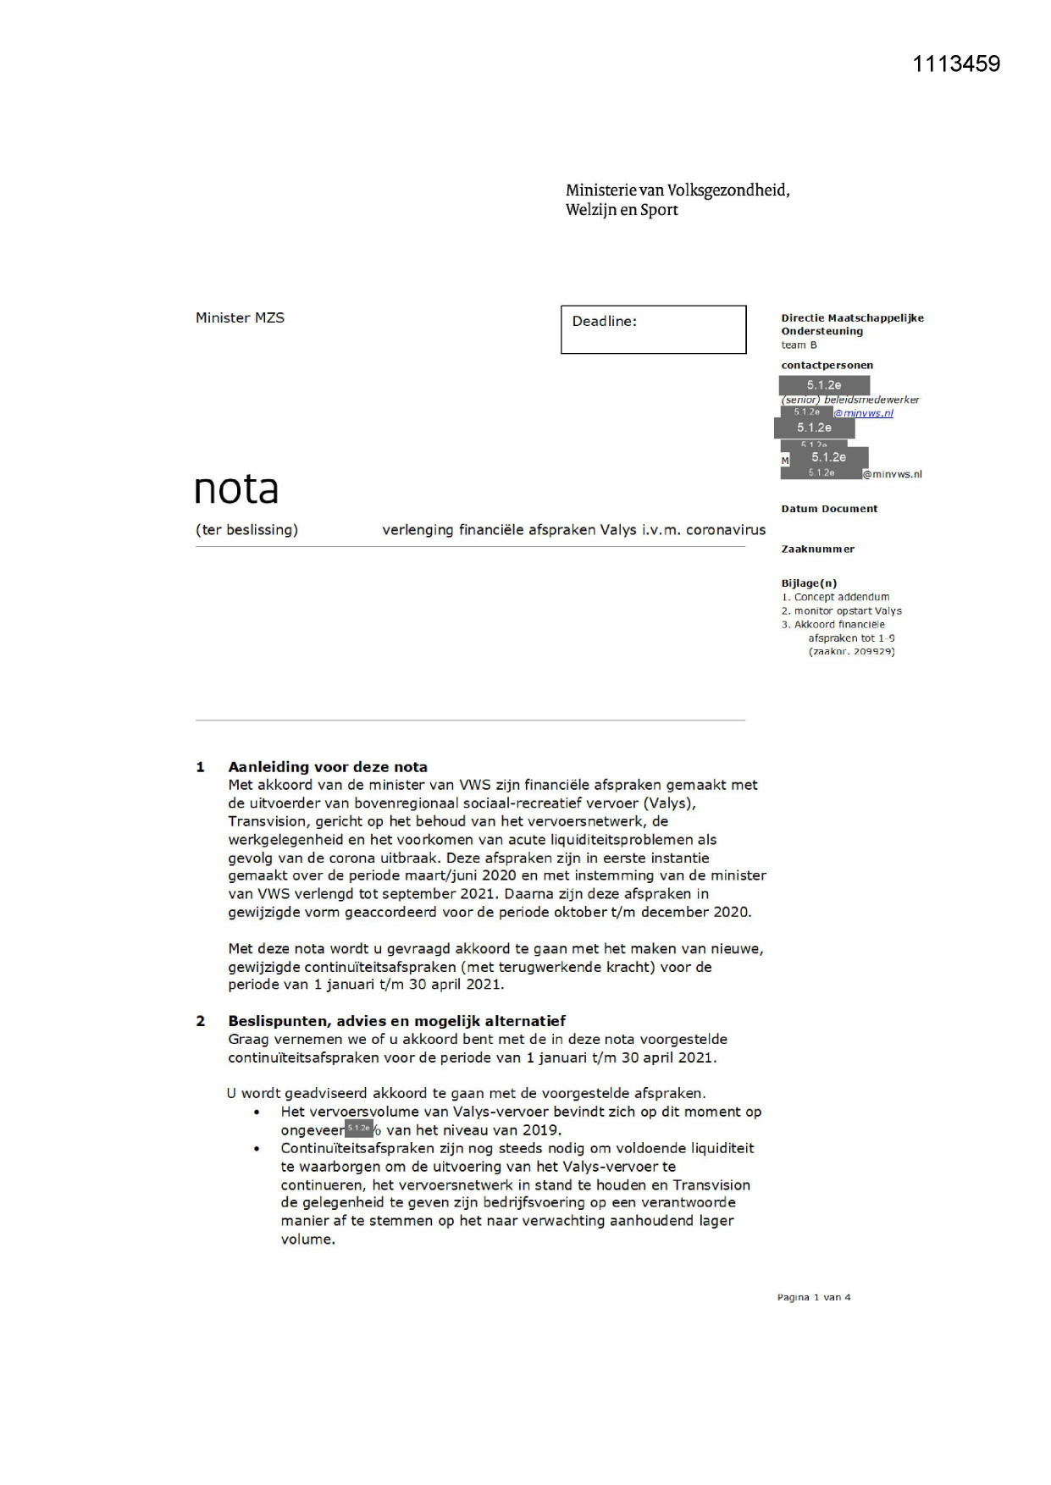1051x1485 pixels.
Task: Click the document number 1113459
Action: click(955, 64)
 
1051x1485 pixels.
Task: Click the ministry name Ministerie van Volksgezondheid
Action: click(677, 190)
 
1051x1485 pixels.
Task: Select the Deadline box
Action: click(653, 329)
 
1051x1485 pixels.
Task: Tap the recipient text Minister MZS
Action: click(240, 317)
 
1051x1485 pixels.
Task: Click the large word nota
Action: click(235, 489)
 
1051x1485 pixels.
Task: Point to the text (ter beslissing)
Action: click(246, 530)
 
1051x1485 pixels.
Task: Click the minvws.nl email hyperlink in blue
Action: click(863, 413)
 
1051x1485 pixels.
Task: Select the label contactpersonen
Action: click(827, 366)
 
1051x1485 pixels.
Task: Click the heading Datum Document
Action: click(828, 509)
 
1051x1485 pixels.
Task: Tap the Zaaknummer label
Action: click(817, 549)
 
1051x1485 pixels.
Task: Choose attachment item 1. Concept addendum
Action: click(835, 597)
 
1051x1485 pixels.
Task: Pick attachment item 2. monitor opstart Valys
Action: click(841, 610)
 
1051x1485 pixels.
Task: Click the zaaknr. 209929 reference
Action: click(851, 651)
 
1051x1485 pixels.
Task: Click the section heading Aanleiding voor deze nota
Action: click(328, 767)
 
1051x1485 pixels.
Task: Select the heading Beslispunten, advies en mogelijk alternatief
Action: click(396, 1021)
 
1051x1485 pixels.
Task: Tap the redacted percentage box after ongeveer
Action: click(359, 1129)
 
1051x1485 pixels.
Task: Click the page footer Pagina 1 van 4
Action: click(813, 1297)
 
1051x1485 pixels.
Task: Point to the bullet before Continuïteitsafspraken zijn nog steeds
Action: click(257, 1149)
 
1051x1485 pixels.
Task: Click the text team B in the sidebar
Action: click(799, 345)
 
